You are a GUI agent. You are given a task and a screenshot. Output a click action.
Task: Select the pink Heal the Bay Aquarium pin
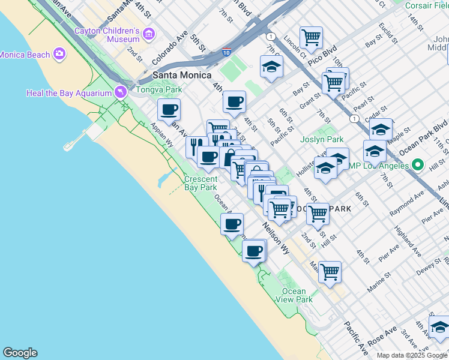pyautogui.click(x=121, y=92)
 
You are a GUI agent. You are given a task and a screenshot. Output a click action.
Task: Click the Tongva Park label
pyautogui.click(x=158, y=90)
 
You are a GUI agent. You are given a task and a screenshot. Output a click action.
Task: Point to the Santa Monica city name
pyautogui.click(x=182, y=75)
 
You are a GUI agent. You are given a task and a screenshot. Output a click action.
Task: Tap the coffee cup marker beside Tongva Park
pyautogui.click(x=169, y=110)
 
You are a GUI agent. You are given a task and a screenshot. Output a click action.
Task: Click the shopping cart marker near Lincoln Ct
pyautogui.click(x=311, y=38)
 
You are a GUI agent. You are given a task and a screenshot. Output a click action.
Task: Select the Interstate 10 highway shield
pyautogui.click(x=226, y=53)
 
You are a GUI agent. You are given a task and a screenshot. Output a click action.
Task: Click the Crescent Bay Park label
pyautogui.click(x=200, y=183)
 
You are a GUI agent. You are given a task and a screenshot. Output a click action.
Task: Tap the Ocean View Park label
pyautogui.click(x=298, y=295)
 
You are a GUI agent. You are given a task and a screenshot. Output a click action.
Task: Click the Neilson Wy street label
pyautogui.click(x=276, y=236)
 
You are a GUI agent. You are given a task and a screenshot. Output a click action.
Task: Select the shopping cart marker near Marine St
pyautogui.click(x=330, y=272)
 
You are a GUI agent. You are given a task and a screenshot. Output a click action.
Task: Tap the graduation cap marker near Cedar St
pyautogui.click(x=381, y=129)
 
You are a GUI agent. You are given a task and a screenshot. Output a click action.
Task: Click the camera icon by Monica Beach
pyautogui.click(x=59, y=55)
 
